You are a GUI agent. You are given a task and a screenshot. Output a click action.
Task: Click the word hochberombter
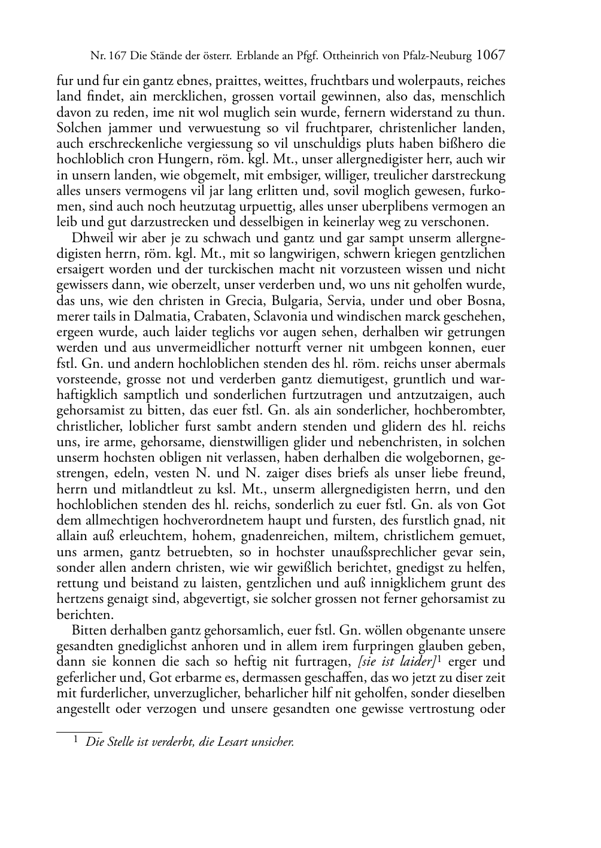click(465, 411)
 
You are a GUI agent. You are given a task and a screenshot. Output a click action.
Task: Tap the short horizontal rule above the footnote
click(79, 731)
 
